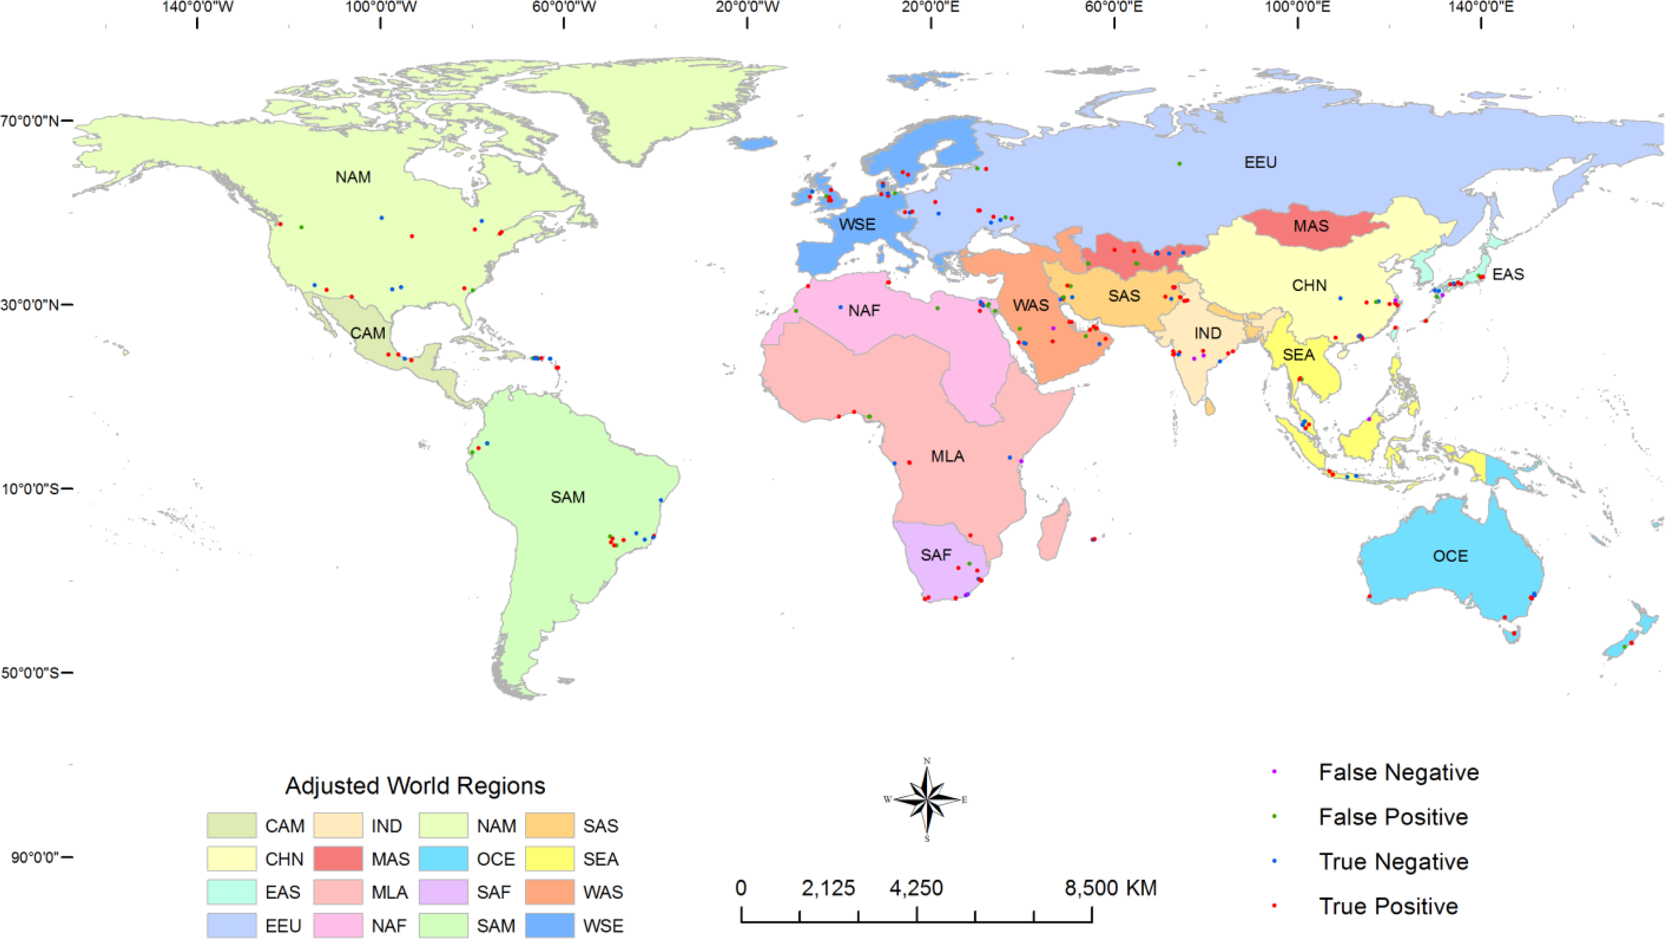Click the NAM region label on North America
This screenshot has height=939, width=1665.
pyautogui.click(x=353, y=177)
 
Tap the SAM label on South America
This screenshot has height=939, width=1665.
pyautogui.click(x=568, y=497)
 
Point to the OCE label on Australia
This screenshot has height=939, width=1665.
pyautogui.click(x=1450, y=556)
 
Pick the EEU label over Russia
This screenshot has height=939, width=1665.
pyautogui.click(x=1260, y=162)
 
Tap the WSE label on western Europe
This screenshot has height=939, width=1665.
pyautogui.click(x=856, y=225)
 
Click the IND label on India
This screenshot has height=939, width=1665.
pyautogui.click(x=1207, y=333)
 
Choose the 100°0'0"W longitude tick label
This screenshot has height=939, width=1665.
pyautogui.click(x=381, y=7)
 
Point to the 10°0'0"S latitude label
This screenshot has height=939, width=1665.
pyautogui.click(x=30, y=489)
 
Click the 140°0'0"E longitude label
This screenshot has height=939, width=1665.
pyautogui.click(x=1481, y=7)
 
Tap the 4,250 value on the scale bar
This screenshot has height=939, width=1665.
pyautogui.click(x=916, y=889)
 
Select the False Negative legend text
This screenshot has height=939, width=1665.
pyautogui.click(x=1398, y=772)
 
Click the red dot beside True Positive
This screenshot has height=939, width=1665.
pyautogui.click(x=1274, y=906)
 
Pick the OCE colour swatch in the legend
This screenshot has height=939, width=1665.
pyautogui.click(x=443, y=859)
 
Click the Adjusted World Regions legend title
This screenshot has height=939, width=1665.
pyautogui.click(x=415, y=786)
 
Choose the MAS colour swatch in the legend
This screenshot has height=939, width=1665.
pyautogui.click(x=337, y=859)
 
